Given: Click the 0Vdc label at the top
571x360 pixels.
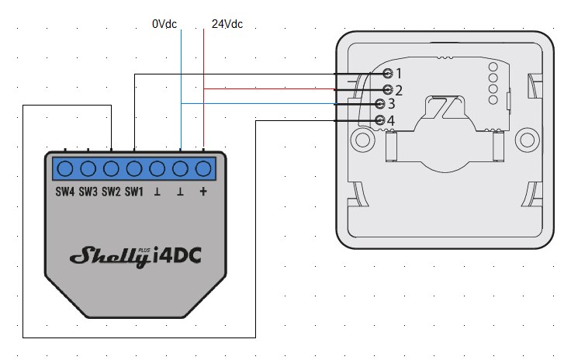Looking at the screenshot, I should (x=164, y=24).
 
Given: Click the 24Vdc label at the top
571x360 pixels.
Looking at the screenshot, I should (x=227, y=24).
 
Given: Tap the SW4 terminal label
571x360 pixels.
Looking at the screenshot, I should (x=64, y=192).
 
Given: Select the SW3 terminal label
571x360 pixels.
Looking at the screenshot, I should (x=88, y=192).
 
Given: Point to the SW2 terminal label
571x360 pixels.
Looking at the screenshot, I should (x=111, y=192).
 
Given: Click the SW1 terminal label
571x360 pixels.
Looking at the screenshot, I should (x=134, y=192).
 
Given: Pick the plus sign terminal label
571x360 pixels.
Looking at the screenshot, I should (x=203, y=192).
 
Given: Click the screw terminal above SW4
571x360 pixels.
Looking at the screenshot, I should (x=64, y=168).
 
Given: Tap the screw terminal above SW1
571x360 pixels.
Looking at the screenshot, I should (x=134, y=168).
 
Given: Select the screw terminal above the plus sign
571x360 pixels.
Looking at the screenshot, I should (x=204, y=168).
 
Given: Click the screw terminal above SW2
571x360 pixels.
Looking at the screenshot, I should (x=111, y=168).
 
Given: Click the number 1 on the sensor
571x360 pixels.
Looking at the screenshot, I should (x=399, y=74).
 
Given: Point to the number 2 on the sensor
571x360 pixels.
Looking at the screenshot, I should (x=399, y=90).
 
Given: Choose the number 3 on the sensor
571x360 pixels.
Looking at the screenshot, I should (x=391, y=104).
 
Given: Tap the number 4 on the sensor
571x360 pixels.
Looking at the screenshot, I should (x=391, y=121).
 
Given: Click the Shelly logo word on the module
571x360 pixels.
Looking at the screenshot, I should (x=109, y=257).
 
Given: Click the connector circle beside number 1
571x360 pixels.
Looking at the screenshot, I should (x=388, y=73).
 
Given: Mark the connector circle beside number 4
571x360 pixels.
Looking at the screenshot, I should (x=379, y=120).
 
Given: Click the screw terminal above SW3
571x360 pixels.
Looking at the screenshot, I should (x=88, y=168).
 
